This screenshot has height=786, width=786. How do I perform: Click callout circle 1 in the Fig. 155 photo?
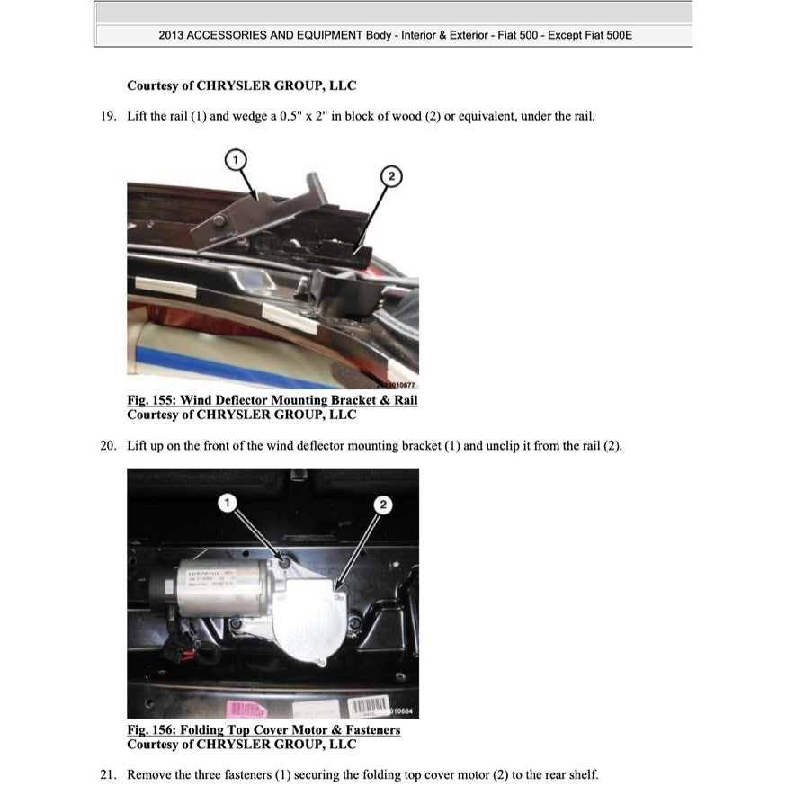[235, 159]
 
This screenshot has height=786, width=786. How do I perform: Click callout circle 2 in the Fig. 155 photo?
[390, 176]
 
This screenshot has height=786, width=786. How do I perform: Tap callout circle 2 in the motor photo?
[383, 505]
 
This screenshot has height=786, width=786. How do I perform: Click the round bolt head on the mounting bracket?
[219, 221]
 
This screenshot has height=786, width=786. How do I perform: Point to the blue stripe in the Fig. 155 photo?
[234, 365]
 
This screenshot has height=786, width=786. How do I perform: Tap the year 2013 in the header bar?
[172, 36]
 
